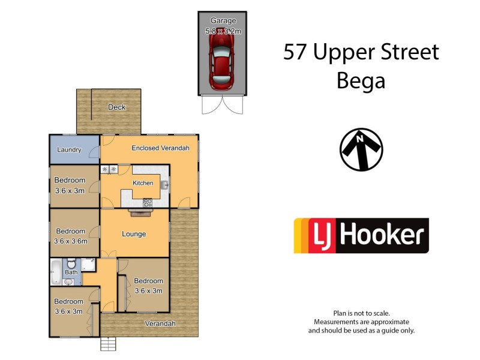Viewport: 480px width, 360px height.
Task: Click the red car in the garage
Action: point(222,60)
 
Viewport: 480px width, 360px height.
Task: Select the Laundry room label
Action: point(69,149)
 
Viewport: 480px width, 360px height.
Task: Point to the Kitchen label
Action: point(143,183)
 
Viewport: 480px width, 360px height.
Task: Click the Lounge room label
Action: point(133,234)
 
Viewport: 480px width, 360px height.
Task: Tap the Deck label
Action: point(116,107)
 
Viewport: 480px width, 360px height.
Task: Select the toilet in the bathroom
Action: point(71,264)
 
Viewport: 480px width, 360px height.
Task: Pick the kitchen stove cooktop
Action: point(148,203)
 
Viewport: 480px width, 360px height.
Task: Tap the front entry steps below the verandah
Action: point(108,344)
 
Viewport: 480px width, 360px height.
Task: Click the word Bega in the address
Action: point(361,80)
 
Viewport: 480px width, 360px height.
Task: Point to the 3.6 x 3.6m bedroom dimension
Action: point(71,241)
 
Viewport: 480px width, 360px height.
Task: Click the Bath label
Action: point(71,272)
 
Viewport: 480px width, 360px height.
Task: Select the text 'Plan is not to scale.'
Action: point(361,313)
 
